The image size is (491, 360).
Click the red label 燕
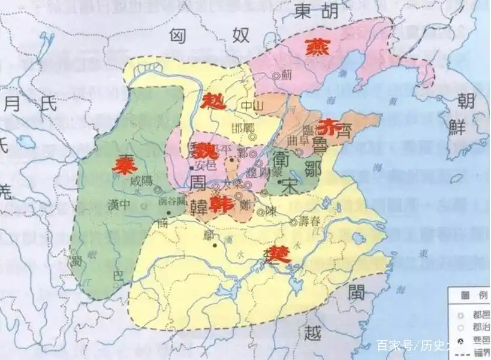point(316,47)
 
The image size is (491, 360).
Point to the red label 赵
point(213,102)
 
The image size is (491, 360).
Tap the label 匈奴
point(208,35)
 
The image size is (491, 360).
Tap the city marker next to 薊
point(276,76)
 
